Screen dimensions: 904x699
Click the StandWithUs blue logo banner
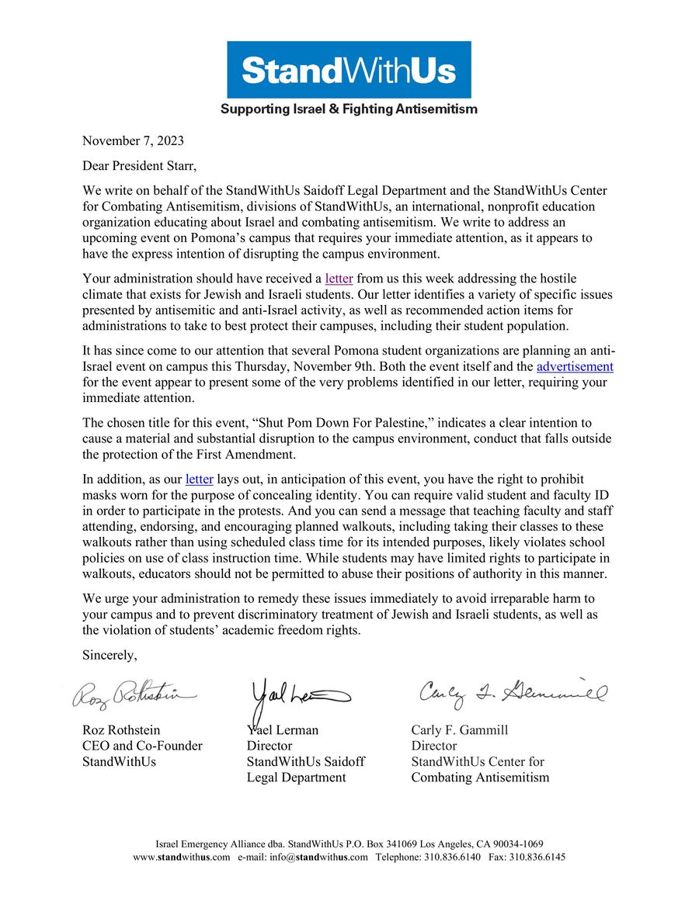point(349,70)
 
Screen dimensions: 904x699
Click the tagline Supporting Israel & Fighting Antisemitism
point(349,109)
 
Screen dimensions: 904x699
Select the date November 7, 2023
point(133,140)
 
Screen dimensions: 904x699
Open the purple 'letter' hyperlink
point(339,278)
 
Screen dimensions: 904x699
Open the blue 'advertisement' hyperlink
point(575,366)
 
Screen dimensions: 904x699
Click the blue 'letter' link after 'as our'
point(199,479)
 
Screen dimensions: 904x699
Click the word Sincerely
point(110,655)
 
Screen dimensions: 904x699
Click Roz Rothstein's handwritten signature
point(134,695)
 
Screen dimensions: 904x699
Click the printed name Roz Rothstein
point(123,730)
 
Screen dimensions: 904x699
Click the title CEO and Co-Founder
point(142,746)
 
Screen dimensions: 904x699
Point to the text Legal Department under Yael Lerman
point(296,778)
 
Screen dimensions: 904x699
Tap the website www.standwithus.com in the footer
point(182,857)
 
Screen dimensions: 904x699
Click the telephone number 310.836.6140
point(451,857)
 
